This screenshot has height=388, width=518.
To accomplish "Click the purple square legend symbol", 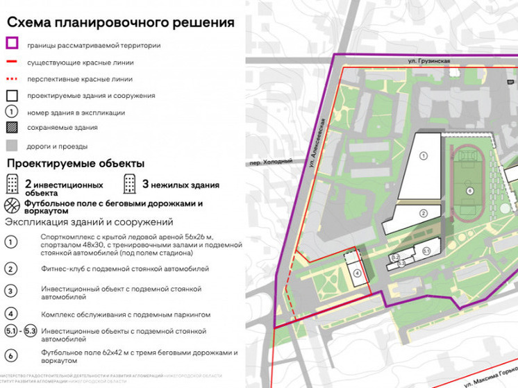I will (12, 44).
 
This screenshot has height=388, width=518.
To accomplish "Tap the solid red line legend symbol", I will (12, 62).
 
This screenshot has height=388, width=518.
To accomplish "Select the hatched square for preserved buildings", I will (12, 128).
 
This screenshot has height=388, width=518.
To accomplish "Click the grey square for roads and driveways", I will (12, 146).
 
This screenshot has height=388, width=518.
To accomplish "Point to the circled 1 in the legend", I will (12, 111).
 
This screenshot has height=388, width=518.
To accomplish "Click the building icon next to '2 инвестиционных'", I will (12, 185).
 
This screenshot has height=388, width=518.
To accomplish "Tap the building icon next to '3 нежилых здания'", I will (130, 185).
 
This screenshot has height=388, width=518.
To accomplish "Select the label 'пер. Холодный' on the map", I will (267, 165).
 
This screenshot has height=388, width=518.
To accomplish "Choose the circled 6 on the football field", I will (470, 190).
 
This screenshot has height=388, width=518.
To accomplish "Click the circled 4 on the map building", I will (357, 273).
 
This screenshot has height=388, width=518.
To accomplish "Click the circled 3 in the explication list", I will (12, 292).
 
